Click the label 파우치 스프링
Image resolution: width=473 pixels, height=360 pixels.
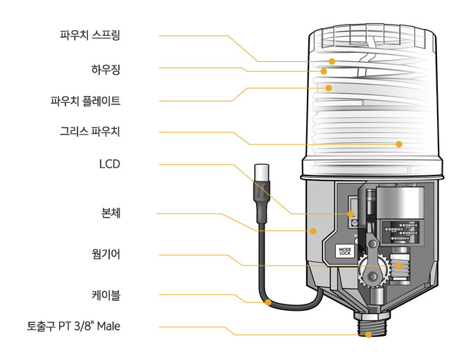coord(90,35)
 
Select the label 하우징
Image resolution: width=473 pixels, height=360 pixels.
coord(106,70)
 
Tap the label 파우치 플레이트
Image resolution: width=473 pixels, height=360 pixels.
coord(85,101)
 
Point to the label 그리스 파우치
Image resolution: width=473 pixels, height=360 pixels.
coord(90,132)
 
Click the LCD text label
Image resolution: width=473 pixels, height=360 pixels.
coord(110,164)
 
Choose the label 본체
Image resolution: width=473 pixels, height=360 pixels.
coord(111,213)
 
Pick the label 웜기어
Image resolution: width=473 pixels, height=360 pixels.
coord(106,254)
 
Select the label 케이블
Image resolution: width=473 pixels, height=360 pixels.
coord(106,295)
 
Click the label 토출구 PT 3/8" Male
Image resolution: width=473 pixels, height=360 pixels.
coord(74,326)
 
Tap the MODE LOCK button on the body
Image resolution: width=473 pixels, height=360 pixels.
coord(345,252)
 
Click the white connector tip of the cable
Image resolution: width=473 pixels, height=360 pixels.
coord(262,173)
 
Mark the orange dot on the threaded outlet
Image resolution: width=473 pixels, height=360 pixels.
coord(368,335)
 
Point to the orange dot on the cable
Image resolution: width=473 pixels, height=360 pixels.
coord(268,302)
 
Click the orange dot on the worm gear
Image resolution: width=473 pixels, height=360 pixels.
coord(399,266)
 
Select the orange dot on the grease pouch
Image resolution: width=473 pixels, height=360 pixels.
coord(399,144)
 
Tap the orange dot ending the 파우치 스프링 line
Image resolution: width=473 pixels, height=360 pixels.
coord(332,61)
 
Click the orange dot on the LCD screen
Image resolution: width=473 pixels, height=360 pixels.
coord(351,214)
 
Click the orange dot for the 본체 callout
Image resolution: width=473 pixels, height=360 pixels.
coord(313,231)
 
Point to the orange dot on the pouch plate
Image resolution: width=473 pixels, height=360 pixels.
coord(329,88)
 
